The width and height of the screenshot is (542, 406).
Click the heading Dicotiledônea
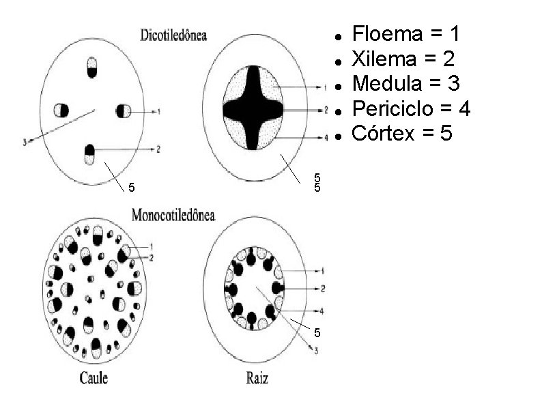coord(173,34)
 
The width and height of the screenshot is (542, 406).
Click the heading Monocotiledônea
coord(173,216)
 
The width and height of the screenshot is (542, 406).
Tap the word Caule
coord(94,377)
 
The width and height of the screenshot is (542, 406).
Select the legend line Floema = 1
coord(407,33)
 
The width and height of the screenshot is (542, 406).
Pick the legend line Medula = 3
coord(406,84)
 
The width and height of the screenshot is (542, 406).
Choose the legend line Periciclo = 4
coord(411,108)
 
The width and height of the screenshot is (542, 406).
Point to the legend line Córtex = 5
coord(401,134)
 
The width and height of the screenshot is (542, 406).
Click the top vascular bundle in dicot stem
coord(92,67)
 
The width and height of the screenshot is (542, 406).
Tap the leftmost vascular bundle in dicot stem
coord(61,110)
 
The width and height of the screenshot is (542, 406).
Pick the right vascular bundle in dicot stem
coord(123,111)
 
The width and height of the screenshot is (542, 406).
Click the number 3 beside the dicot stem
coord(25,143)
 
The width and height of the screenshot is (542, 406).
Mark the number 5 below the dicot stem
coord(132,188)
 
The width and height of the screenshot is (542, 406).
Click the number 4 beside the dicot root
coord(326,137)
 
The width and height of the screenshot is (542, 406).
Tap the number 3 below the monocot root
coord(315,351)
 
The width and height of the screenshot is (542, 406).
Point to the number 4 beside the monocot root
coord(322,311)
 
